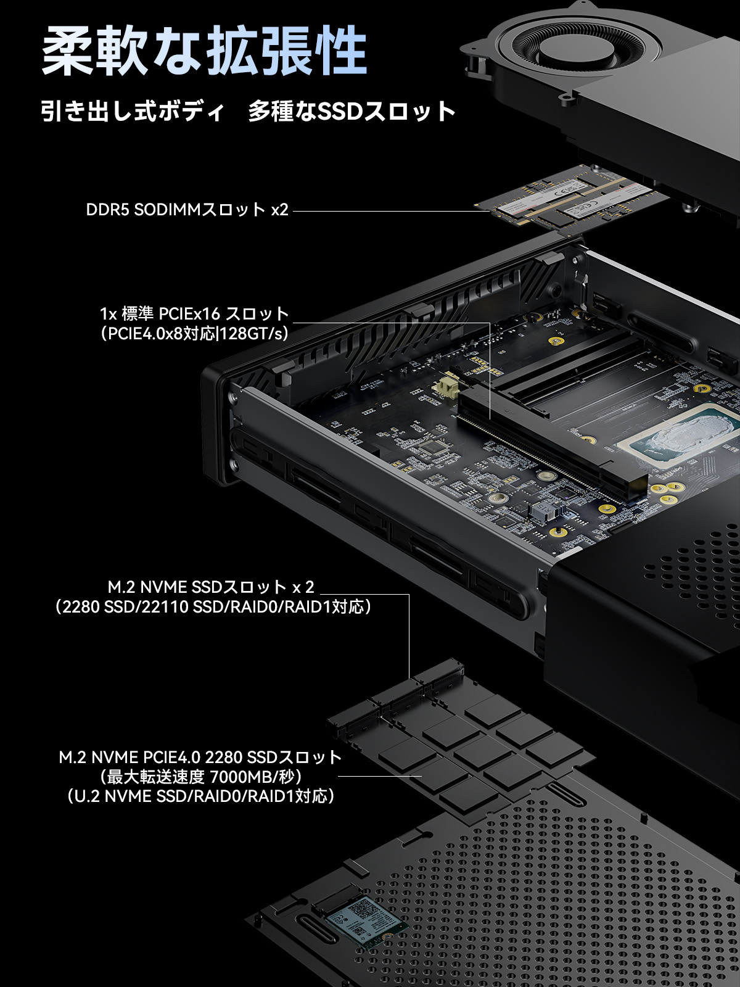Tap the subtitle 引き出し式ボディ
coord(133,112)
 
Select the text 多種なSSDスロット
coord(351,112)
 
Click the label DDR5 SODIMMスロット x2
coord(187,210)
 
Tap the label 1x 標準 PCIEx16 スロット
coord(194,313)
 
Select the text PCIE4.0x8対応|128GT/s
coord(194,334)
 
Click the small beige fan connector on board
coord(446,388)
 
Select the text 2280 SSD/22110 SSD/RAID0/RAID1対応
coord(213,607)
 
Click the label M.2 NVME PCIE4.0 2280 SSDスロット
coord(200,757)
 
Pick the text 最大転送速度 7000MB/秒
coord(200,777)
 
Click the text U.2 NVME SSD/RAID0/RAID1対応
coord(200,796)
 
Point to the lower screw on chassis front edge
coord(233,465)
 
